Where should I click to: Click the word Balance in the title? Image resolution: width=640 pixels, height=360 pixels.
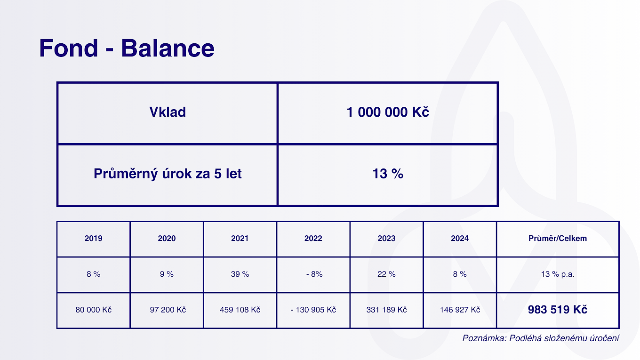click(168, 48)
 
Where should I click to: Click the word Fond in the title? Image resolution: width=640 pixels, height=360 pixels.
click(69, 48)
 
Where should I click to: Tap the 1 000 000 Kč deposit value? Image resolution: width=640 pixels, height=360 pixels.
click(388, 112)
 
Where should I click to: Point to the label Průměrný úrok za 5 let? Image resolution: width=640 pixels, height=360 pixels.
click(168, 174)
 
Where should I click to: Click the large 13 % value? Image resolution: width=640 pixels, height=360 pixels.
click(388, 174)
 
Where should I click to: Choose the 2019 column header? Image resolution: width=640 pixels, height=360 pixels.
click(94, 238)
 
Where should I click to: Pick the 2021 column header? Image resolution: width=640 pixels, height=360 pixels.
click(240, 238)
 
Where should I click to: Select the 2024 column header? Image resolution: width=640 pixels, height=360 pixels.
click(460, 238)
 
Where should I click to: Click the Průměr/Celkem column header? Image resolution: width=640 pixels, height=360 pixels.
click(558, 238)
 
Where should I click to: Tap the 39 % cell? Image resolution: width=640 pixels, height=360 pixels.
click(240, 274)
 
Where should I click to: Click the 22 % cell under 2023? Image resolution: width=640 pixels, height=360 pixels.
click(386, 274)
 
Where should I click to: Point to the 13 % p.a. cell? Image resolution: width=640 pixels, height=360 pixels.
click(558, 274)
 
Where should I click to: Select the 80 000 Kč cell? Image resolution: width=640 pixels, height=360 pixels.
click(94, 310)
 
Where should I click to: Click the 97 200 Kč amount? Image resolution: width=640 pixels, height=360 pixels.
click(168, 310)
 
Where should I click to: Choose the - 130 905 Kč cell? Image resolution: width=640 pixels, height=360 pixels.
click(313, 310)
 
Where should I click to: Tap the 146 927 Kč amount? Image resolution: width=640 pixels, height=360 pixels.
click(460, 310)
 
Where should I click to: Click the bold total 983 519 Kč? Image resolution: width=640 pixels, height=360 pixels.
click(558, 310)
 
